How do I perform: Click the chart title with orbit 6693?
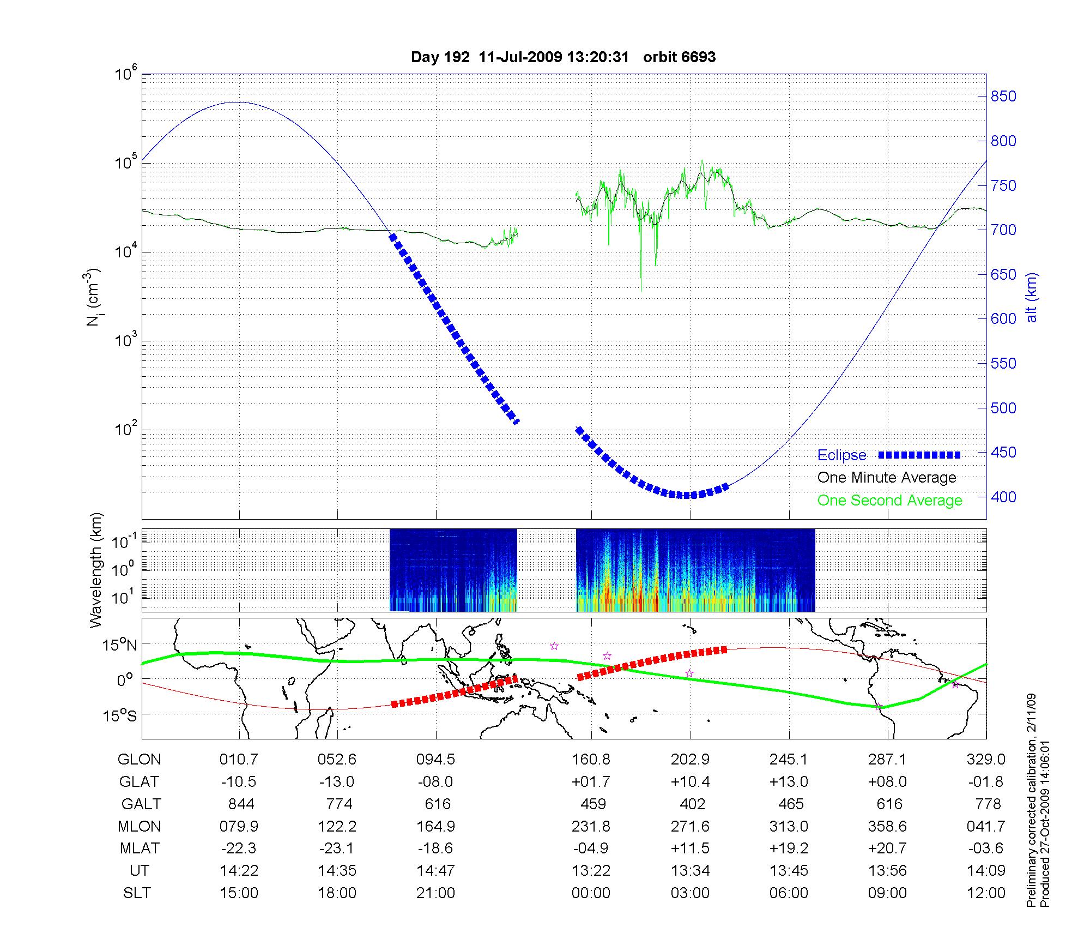coord(563,57)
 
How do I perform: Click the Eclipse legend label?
coord(841,455)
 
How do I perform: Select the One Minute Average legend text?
coord(887,478)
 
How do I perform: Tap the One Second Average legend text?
coord(889,501)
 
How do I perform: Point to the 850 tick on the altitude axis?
coord(1003,97)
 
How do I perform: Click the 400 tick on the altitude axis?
coord(1003,497)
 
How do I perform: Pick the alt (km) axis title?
coord(1032,297)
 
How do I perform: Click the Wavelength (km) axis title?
coord(96,570)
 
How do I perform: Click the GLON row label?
coord(140,760)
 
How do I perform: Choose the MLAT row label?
coord(140,848)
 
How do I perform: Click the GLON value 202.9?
coord(691,760)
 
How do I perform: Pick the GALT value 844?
coord(240,804)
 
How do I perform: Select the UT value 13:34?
coord(691,871)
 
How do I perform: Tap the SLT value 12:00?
coord(986,893)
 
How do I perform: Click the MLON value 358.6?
coord(888,827)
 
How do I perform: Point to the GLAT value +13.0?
coord(789,782)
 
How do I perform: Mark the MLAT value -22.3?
coord(239,848)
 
